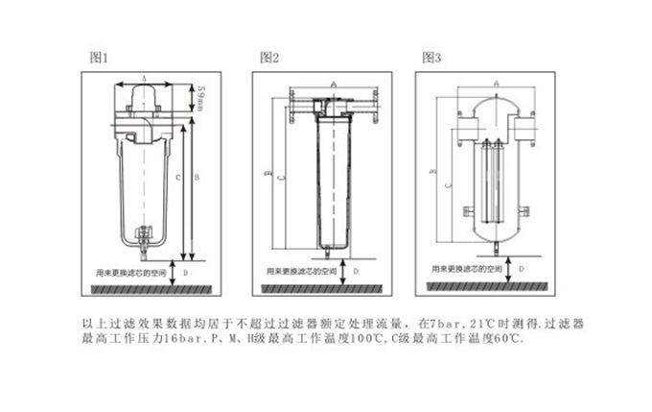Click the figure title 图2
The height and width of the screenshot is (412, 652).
[269, 58]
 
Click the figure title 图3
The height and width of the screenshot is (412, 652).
[432, 58]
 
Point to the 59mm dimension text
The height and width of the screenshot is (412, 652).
[200, 96]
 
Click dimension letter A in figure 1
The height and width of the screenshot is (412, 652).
[143, 77]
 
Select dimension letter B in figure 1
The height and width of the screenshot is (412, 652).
[197, 178]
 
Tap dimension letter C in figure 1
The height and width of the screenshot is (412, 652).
[178, 178]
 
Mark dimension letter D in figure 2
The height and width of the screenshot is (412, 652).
[355, 272]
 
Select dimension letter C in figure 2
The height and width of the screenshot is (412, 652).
[280, 178]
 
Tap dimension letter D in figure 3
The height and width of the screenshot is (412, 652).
[521, 271]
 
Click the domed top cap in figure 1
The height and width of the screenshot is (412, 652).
[143, 97]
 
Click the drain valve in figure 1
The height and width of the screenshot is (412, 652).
[144, 235]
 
